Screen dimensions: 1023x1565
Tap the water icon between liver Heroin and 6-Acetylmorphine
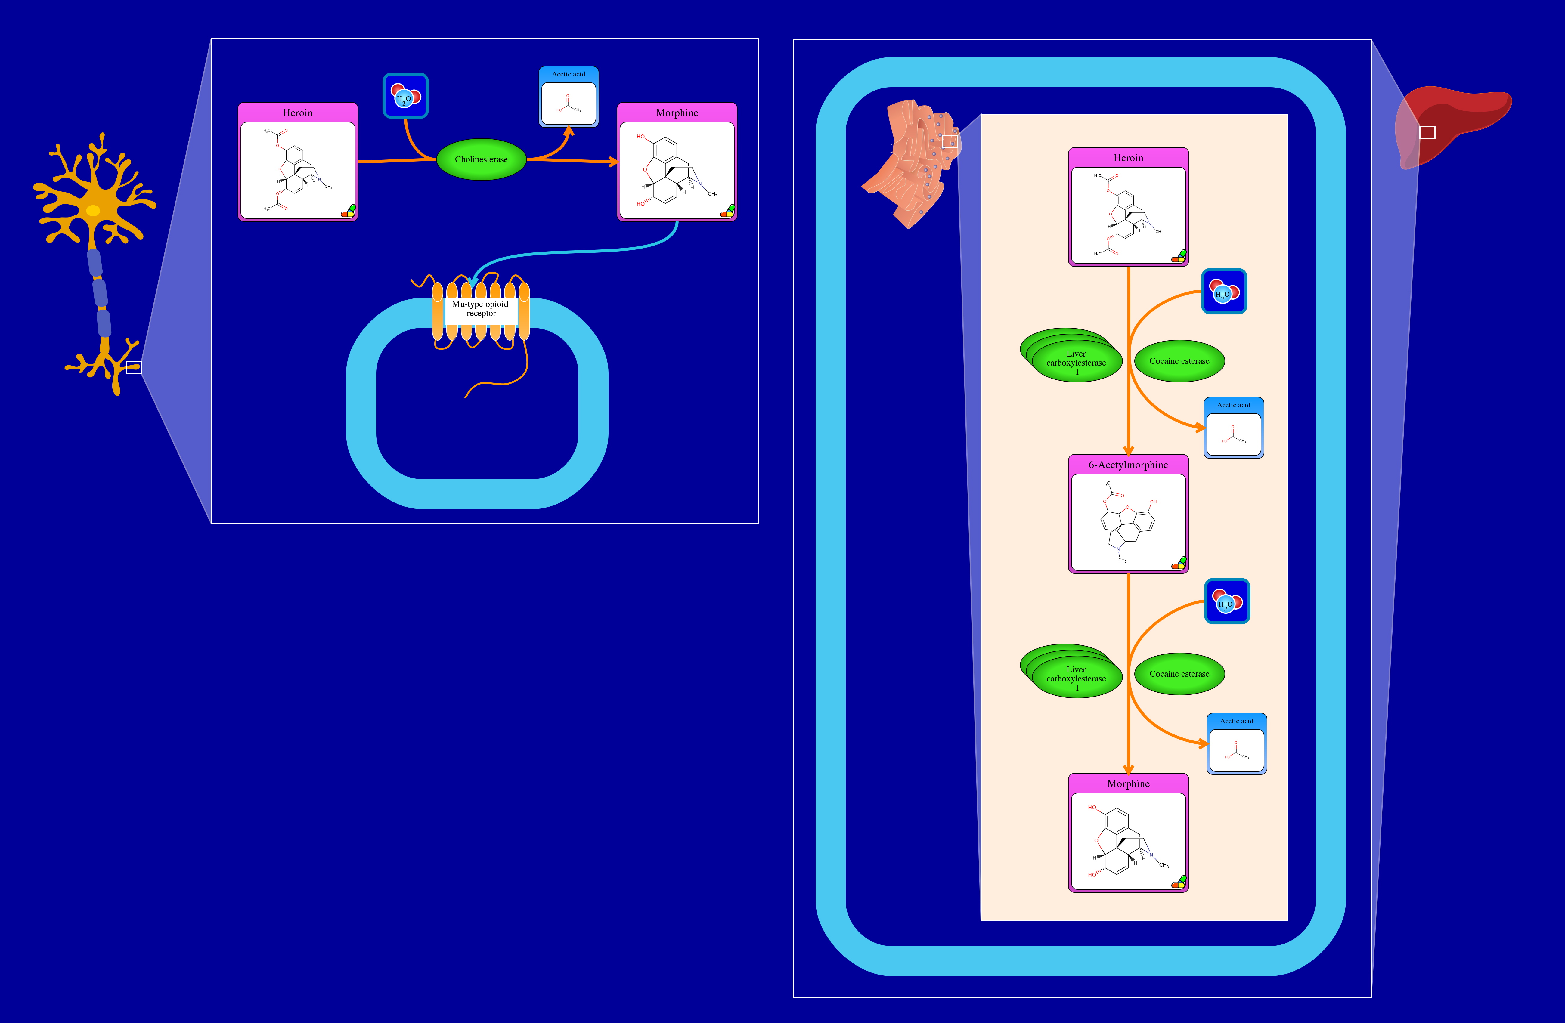(x=1224, y=291)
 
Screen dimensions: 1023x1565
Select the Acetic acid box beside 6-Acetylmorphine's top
(x=1234, y=428)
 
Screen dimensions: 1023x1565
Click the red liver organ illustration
(x=1460, y=118)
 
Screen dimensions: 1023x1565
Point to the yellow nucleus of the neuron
(x=93, y=210)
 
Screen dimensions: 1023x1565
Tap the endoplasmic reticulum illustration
(x=911, y=164)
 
